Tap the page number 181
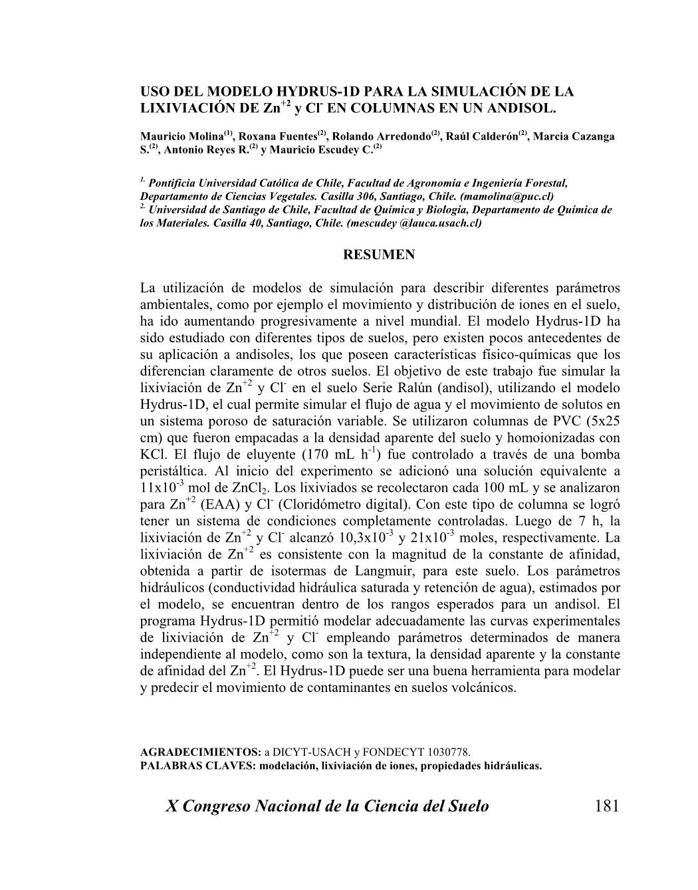click(x=607, y=806)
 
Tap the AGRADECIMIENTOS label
click(x=201, y=752)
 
